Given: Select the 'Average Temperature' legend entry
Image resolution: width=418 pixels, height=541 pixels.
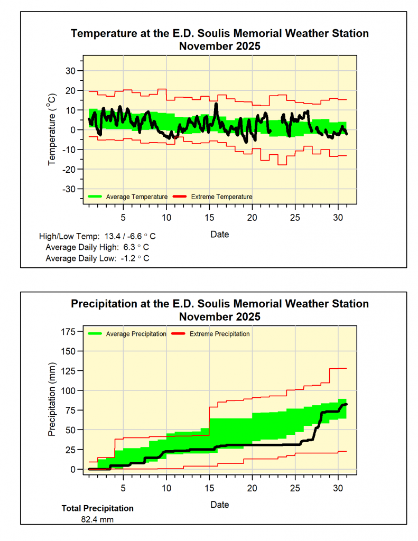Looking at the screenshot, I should (x=136, y=197).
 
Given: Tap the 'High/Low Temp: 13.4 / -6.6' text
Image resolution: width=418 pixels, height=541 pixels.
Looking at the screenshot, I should (x=97, y=236).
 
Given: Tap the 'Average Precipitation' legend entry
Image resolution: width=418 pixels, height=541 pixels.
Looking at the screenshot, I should (x=136, y=334).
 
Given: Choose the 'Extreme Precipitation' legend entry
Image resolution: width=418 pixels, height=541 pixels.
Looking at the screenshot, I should (x=219, y=334).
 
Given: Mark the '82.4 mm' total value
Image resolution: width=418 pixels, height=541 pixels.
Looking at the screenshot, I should (x=97, y=519).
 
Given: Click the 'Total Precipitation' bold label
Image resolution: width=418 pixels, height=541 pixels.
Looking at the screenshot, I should (x=97, y=508).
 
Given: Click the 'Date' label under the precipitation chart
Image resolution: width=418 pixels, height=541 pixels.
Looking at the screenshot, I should (x=220, y=505).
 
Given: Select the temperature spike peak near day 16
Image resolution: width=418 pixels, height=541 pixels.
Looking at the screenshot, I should (x=216, y=104).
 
